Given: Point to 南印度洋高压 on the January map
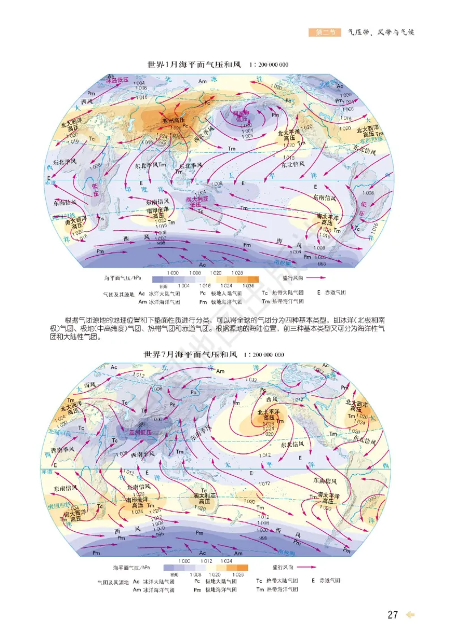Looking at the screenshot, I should (159, 213).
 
